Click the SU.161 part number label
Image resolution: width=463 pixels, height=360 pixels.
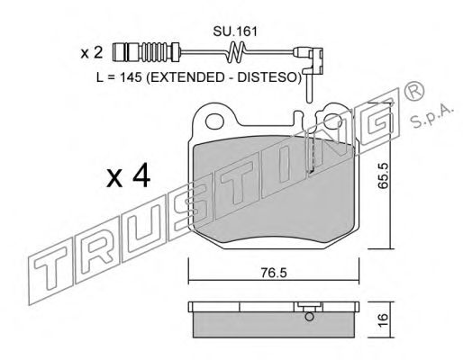[235, 31]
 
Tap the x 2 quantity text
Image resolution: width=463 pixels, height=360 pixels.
[92, 53]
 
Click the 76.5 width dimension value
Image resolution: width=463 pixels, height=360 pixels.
[274, 273]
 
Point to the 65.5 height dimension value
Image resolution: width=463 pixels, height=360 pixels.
[383, 175]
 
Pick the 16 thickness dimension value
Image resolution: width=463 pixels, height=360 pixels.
[383, 321]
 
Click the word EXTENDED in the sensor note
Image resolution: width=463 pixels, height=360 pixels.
[186, 77]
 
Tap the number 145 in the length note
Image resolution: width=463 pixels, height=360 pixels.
[131, 77]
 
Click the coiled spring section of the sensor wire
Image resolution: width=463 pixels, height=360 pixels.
[236, 52]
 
